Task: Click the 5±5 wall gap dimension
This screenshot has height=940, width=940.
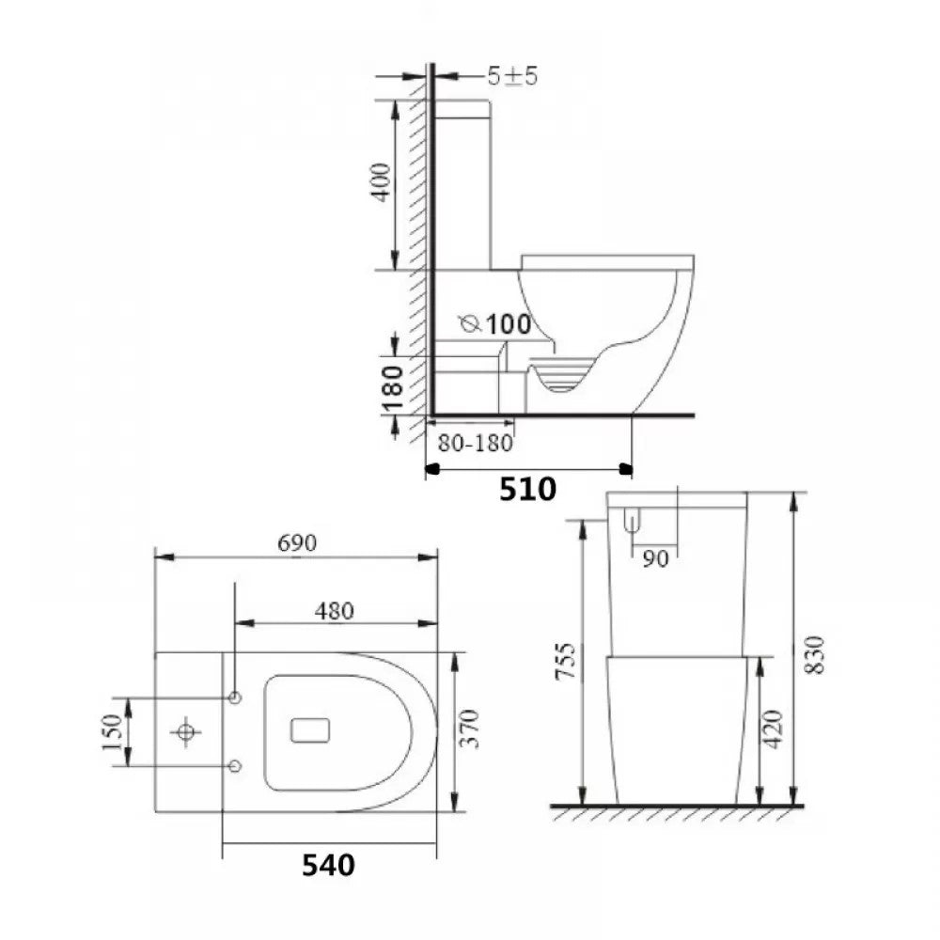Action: [511, 77]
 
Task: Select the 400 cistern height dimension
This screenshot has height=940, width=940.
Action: [380, 185]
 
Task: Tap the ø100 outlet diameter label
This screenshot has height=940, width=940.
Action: [495, 324]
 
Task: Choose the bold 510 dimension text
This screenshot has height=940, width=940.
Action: [527, 489]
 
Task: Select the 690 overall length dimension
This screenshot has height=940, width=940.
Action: [297, 543]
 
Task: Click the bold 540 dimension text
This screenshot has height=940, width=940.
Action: [328, 865]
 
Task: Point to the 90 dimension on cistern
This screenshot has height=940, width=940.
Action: [656, 558]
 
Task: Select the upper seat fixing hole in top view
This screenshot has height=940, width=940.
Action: [235, 697]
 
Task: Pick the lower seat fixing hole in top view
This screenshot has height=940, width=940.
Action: [235, 766]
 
